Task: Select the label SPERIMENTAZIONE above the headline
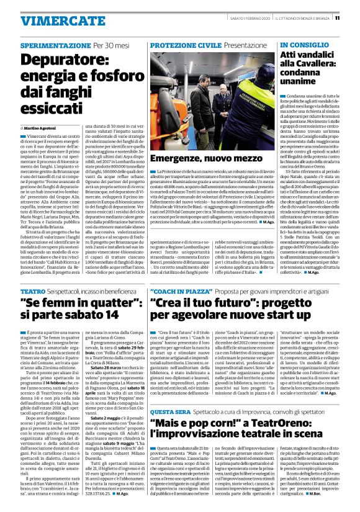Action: click(x=55, y=46)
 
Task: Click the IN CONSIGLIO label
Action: click(x=300, y=46)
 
